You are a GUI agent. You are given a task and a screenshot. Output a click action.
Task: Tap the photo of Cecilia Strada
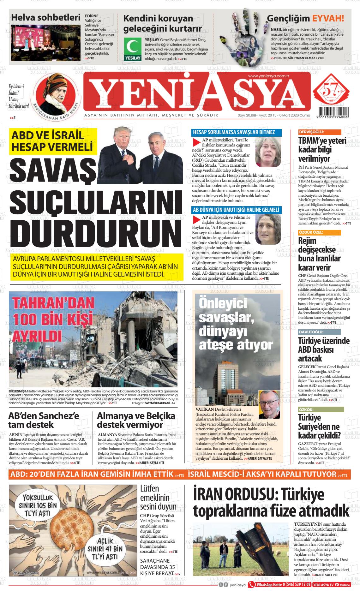coord(268,152)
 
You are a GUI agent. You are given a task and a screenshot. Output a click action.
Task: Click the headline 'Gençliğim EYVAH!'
coord(305,18)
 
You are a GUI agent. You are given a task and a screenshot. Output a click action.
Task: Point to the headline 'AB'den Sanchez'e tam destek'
coord(44,420)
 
